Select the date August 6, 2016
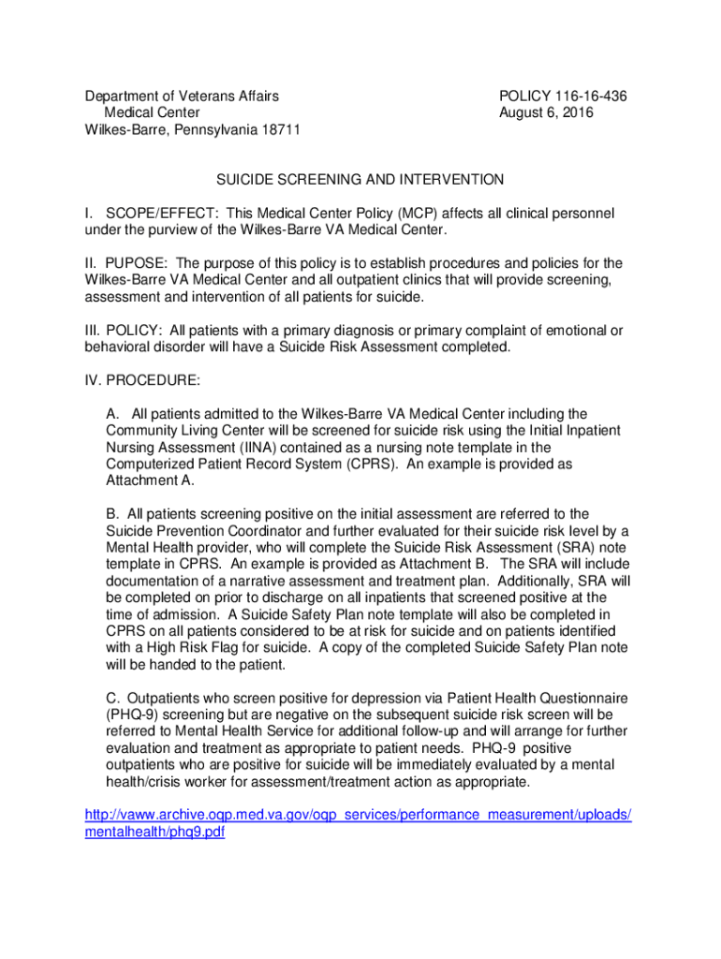click(x=547, y=113)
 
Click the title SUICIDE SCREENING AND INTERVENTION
click(x=360, y=180)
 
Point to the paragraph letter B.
click(x=111, y=514)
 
